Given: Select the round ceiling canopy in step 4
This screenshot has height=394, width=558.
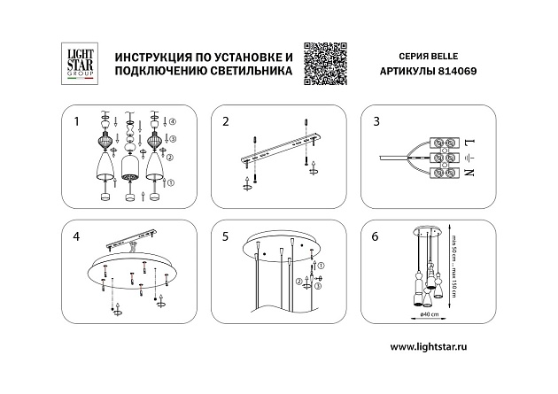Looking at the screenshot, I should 131,274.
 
